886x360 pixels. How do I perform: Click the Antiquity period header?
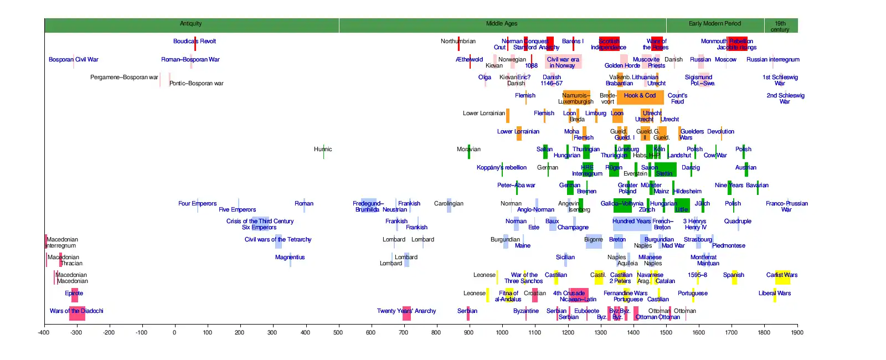pos(191,24)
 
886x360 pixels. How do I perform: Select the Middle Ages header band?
pos(502,24)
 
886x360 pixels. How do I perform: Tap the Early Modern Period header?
pos(714,24)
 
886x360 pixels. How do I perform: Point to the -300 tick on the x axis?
pos(76,333)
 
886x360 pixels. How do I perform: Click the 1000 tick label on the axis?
pos(502,333)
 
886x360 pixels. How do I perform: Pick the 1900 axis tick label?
pos(797,333)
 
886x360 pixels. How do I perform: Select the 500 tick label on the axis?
pos(338,333)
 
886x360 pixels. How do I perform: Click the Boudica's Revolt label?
pos(194,42)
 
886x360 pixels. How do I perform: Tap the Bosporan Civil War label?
pos(73,60)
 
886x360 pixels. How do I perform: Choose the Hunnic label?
pos(323,150)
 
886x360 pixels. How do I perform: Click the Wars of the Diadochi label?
pos(76,311)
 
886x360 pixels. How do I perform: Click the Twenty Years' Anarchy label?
pos(406,311)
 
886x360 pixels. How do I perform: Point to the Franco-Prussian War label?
pos(786,207)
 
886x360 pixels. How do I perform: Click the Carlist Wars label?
pos(782,275)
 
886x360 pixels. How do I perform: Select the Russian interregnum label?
pos(772,60)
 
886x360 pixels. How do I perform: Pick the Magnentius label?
pos(290,258)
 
